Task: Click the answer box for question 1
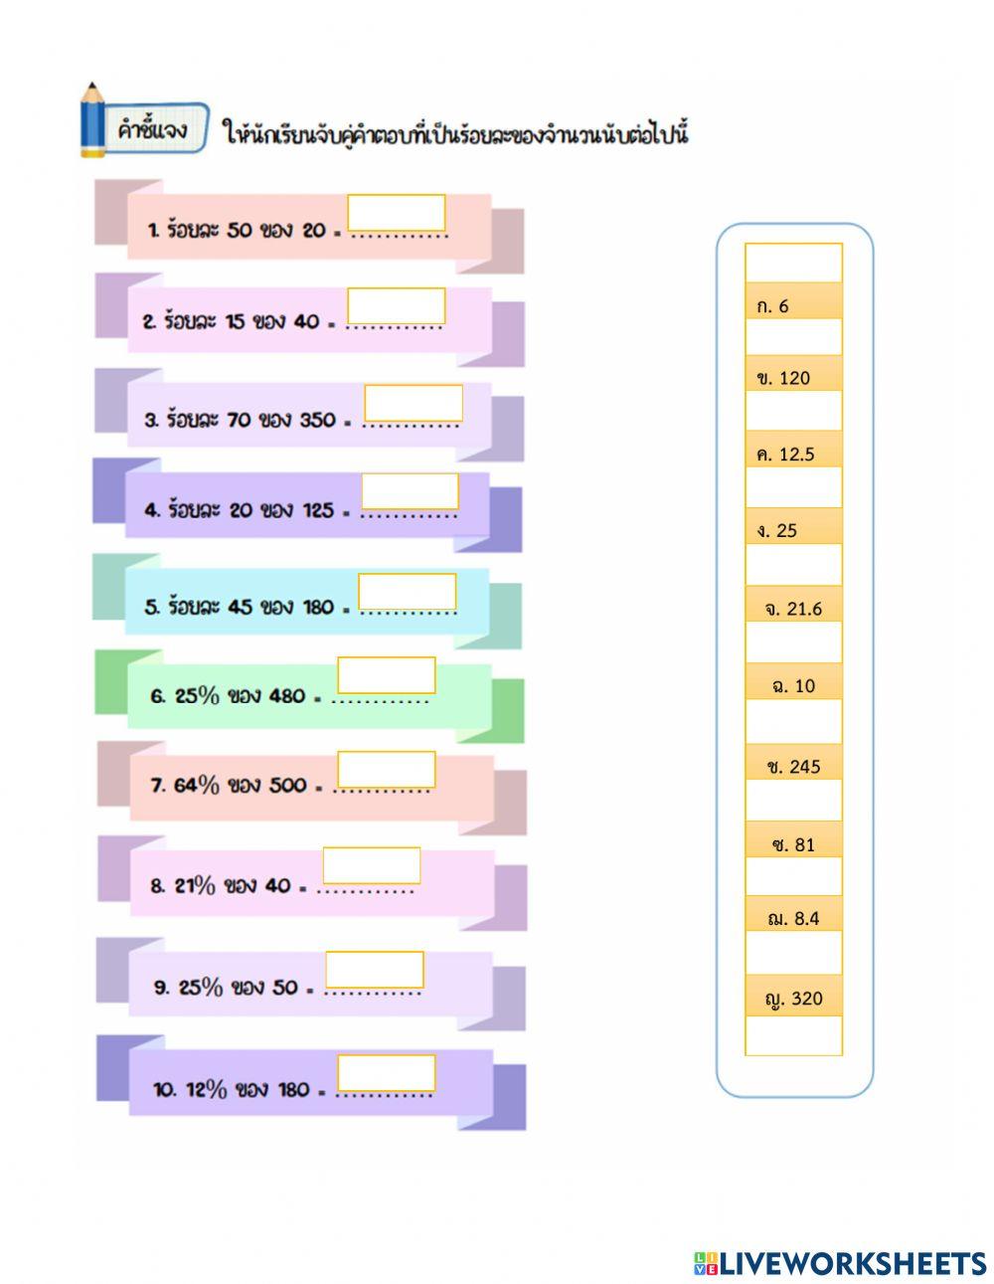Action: click(x=396, y=213)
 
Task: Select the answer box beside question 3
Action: click(x=413, y=403)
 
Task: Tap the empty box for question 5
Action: click(x=407, y=592)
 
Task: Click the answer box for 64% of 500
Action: click(x=386, y=770)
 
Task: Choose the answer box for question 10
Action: click(x=386, y=1073)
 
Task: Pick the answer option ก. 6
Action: click(x=793, y=306)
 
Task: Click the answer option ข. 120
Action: click(x=793, y=378)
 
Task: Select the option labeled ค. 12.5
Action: click(x=793, y=455)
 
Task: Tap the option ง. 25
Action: click(x=793, y=530)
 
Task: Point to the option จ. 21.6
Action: click(x=793, y=609)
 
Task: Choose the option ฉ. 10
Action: click(x=793, y=685)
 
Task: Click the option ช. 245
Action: click(x=793, y=766)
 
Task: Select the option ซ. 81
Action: click(x=793, y=844)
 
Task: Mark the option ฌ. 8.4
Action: click(x=793, y=918)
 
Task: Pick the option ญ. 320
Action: click(x=793, y=999)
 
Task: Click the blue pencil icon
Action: click(x=92, y=121)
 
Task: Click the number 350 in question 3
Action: click(x=317, y=420)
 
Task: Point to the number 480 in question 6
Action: click(x=286, y=696)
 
